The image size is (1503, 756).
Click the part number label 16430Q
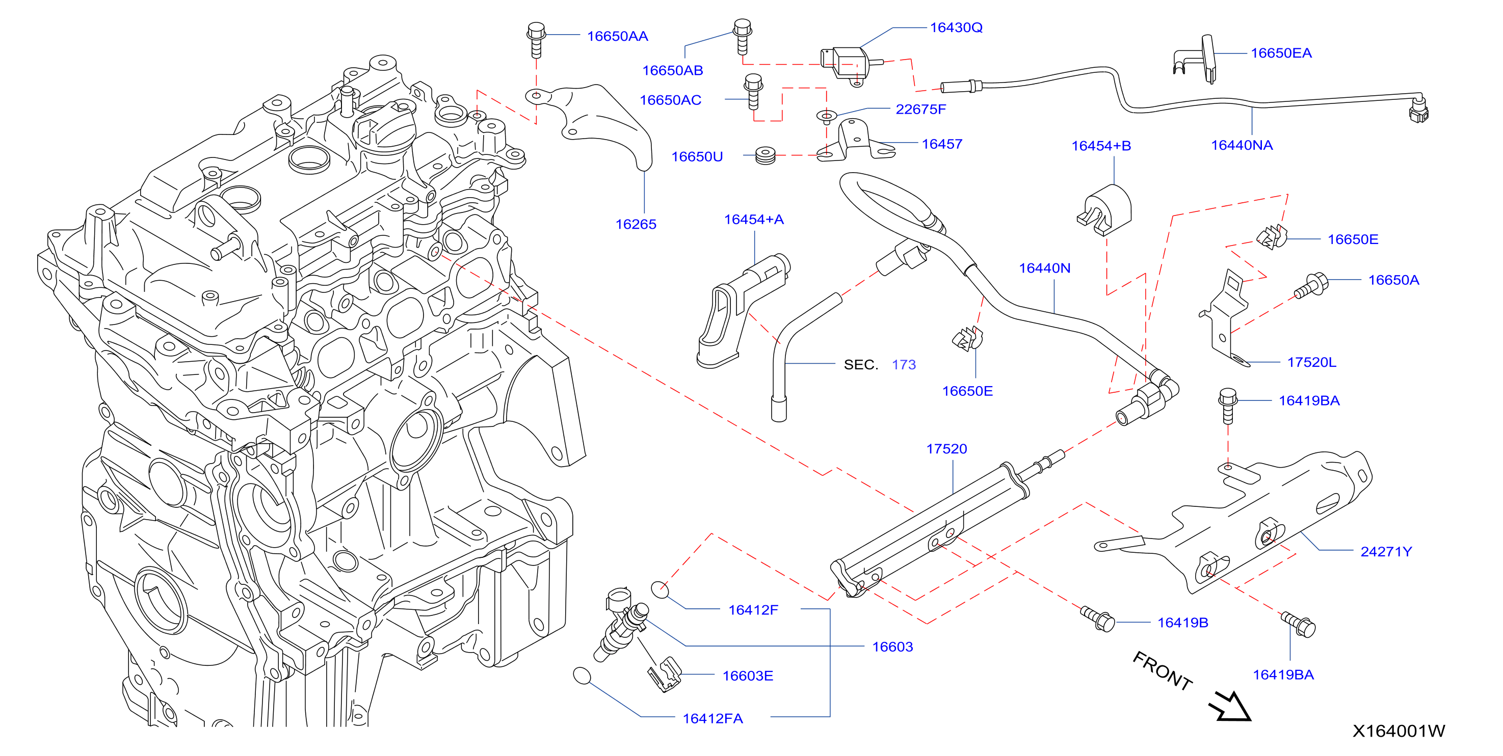click(x=956, y=28)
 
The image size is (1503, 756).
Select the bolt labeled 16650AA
click(x=536, y=40)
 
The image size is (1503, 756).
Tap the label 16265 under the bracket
click(x=636, y=224)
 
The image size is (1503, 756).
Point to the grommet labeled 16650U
click(x=765, y=156)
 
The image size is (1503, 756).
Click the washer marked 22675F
click(x=826, y=116)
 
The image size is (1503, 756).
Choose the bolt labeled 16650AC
click(x=753, y=92)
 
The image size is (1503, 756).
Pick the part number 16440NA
click(x=1242, y=145)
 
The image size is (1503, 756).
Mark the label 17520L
click(x=1312, y=362)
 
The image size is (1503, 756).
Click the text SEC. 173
click(x=880, y=365)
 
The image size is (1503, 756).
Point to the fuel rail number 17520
click(x=946, y=449)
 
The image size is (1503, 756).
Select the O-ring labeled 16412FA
click(x=583, y=676)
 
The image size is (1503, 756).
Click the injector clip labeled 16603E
click(x=665, y=675)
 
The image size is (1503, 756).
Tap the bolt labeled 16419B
click(x=1097, y=618)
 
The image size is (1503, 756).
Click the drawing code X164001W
click(x=1399, y=731)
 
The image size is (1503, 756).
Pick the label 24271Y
click(x=1386, y=551)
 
